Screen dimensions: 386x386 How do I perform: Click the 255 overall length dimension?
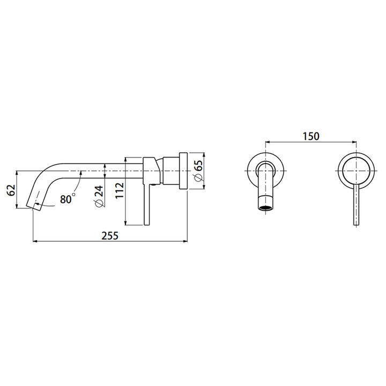(x=110, y=235)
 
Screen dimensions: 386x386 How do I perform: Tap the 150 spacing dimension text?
(x=311, y=136)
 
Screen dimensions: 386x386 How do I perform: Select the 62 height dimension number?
(x=12, y=190)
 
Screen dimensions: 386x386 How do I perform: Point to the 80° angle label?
(x=68, y=199)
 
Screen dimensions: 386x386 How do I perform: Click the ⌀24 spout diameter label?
(x=99, y=196)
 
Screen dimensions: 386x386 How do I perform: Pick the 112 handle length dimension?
(x=120, y=190)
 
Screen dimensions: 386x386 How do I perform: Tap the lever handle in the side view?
(x=146, y=204)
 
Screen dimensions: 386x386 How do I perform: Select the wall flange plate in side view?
(x=183, y=171)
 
